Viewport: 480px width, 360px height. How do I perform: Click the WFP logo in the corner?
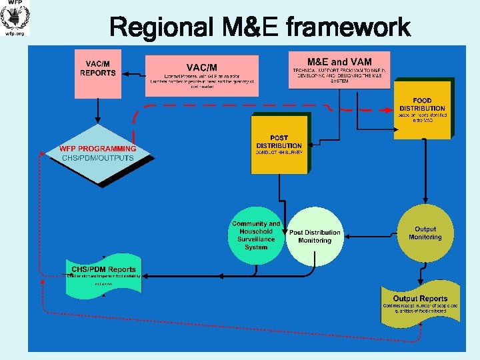(x=15, y=18)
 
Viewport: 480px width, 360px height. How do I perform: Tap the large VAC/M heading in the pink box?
(x=201, y=67)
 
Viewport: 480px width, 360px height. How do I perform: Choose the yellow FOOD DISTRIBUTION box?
(x=421, y=109)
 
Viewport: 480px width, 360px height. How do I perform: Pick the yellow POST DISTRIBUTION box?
(x=279, y=144)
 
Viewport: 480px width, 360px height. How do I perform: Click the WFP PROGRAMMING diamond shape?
(x=98, y=154)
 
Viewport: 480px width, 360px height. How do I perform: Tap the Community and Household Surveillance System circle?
(x=255, y=235)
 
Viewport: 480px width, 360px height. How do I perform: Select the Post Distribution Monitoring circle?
(x=315, y=236)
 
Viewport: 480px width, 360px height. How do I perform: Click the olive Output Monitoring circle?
(x=425, y=233)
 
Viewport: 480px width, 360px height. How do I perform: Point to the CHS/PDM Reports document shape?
(x=104, y=275)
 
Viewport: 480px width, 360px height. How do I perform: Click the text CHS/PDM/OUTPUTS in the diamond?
(x=97, y=158)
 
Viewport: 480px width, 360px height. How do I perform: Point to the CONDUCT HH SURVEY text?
(x=279, y=153)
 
